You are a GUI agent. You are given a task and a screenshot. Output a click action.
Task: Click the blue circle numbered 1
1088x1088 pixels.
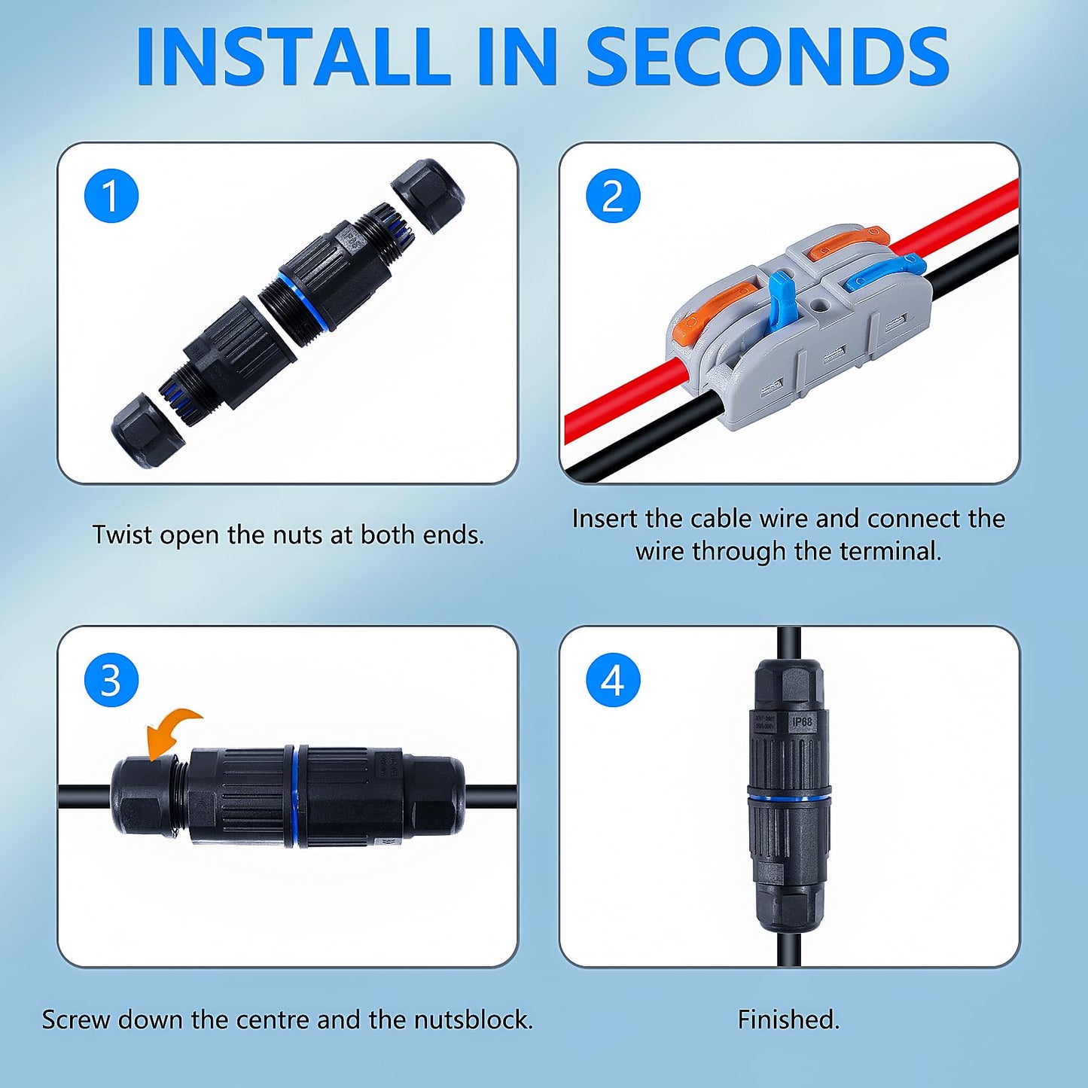(x=111, y=196)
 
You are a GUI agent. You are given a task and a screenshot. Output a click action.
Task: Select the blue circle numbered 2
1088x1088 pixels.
(x=613, y=196)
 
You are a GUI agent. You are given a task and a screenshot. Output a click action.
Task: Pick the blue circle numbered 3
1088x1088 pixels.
(x=111, y=680)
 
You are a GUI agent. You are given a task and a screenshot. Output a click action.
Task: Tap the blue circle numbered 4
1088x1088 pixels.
(x=613, y=680)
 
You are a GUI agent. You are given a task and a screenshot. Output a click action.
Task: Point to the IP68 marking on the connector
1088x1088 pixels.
(x=802, y=721)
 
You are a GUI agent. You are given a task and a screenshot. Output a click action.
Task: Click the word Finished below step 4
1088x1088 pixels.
(x=788, y=1019)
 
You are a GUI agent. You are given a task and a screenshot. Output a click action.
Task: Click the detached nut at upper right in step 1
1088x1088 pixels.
(x=428, y=195)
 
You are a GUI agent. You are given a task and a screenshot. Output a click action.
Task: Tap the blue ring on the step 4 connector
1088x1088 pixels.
(x=788, y=795)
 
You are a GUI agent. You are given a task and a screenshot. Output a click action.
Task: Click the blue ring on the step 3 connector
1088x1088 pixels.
(x=296, y=796)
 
